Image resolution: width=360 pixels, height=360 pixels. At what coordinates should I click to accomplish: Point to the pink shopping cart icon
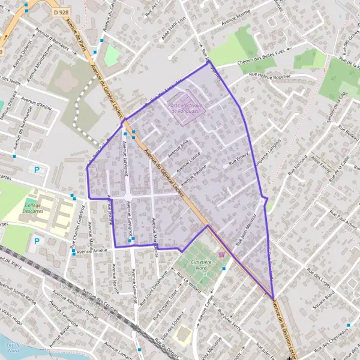pos(222,254)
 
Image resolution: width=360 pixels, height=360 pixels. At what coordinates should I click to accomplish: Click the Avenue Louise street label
pos(185,160)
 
